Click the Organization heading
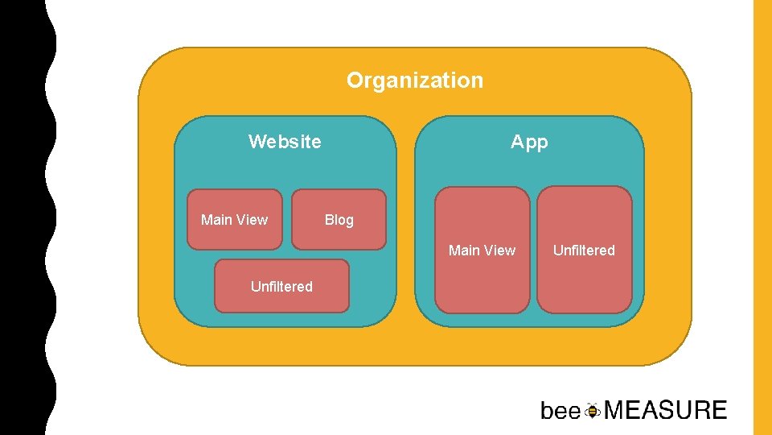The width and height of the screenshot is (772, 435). pos(415,81)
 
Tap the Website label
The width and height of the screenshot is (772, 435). pos(285,142)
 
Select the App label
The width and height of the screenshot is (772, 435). pos(529,142)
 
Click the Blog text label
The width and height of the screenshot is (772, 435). pos(339,220)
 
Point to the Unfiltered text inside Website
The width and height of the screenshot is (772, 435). pos(281,286)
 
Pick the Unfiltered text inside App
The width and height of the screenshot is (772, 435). pos(584,251)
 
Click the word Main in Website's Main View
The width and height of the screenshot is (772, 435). pos(216,220)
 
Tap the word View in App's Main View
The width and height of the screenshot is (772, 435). pos(499,251)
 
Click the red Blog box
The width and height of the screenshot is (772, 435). pos(339,236)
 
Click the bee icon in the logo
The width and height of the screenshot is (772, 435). pos(593,410)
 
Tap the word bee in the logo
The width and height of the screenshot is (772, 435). pos(561,411)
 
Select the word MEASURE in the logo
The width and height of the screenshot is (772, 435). pos(665,411)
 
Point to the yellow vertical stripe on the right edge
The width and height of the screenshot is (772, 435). pos(762,217)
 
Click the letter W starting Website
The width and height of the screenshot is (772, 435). pos(257,142)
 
